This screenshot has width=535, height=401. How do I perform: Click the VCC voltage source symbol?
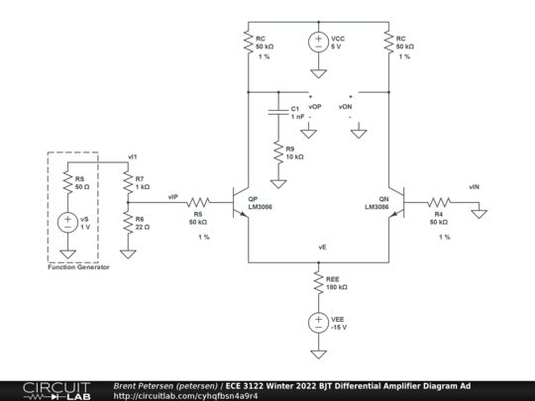[x=318, y=44]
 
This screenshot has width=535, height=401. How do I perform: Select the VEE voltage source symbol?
[x=318, y=323]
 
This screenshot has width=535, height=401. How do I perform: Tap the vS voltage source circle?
[x=66, y=223]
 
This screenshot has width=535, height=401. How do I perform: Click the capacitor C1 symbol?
[x=279, y=111]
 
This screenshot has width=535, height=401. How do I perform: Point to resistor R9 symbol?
[x=279, y=153]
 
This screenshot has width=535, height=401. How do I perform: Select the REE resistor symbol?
[x=318, y=282]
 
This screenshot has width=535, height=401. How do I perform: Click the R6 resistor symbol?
[x=127, y=224]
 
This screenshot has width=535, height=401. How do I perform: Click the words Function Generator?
[x=78, y=267]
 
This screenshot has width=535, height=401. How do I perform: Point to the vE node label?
[x=323, y=245]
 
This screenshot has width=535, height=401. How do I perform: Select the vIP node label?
[x=173, y=195]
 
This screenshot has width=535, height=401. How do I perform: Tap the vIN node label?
[x=475, y=185]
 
